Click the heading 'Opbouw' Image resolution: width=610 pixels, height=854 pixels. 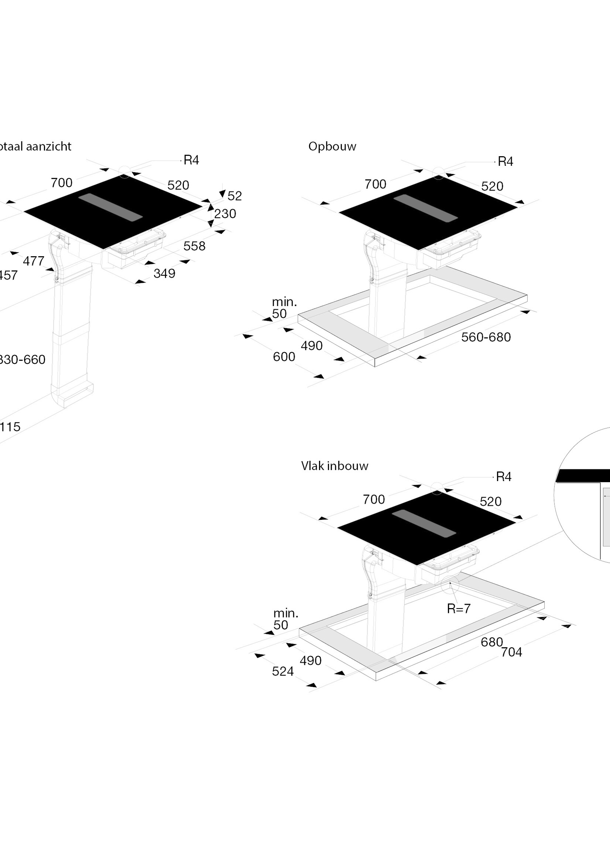332,147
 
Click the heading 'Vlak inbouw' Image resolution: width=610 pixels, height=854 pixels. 334,466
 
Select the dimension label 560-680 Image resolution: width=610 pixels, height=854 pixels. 486,337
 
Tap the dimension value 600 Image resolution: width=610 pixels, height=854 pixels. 284,357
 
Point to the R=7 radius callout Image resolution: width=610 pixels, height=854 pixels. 458,608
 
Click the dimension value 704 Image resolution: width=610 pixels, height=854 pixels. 511,652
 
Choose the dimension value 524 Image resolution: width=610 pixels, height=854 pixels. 282,672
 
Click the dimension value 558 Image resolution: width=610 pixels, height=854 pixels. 194,246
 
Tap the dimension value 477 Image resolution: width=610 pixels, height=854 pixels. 34,261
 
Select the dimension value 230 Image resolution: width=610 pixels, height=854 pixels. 225,214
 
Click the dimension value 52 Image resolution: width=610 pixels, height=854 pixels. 234,196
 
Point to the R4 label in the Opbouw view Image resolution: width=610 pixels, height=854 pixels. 505,162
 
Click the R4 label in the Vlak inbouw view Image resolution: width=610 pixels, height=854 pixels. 503,477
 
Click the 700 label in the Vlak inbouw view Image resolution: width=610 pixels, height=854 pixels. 374,500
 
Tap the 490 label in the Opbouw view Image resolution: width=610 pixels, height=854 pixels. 311,346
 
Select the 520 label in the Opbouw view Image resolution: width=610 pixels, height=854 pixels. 492,186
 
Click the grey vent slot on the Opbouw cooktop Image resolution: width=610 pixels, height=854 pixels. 425,208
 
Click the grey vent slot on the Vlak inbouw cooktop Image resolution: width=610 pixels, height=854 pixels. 424,522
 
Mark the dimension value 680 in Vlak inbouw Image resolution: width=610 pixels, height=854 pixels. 491,642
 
